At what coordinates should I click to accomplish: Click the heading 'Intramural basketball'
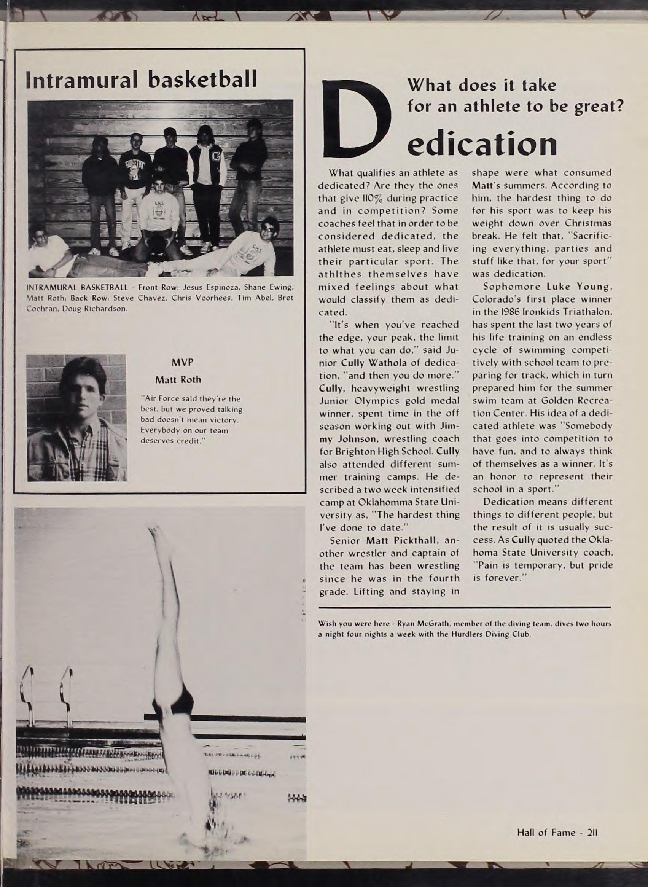[x=141, y=80]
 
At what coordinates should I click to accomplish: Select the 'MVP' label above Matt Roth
[x=182, y=363]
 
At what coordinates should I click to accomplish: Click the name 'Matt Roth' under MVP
[x=178, y=379]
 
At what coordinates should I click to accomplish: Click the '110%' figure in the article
[x=356, y=198]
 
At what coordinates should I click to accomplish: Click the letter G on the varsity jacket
[x=217, y=159]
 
